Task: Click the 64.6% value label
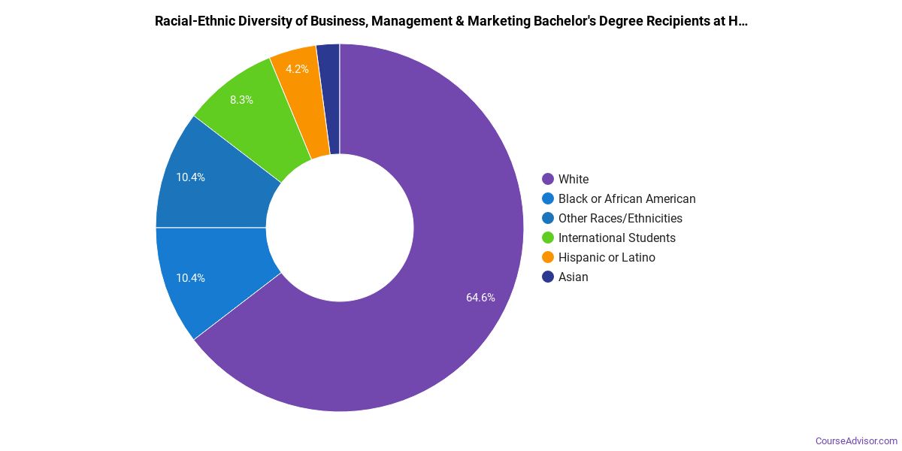point(480,298)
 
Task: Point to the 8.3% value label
point(241,99)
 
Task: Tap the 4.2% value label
point(297,69)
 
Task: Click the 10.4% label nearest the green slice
point(190,177)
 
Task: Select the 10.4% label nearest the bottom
point(190,278)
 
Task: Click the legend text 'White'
point(574,179)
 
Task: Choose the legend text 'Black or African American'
point(627,198)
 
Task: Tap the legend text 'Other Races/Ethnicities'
point(620,218)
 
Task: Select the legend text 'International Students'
point(616,238)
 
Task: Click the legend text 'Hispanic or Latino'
point(607,257)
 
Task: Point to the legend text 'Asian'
point(574,277)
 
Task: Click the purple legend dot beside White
point(548,179)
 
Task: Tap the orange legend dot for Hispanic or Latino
point(548,257)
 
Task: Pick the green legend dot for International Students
point(548,238)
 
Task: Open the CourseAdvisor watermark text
point(856,440)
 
